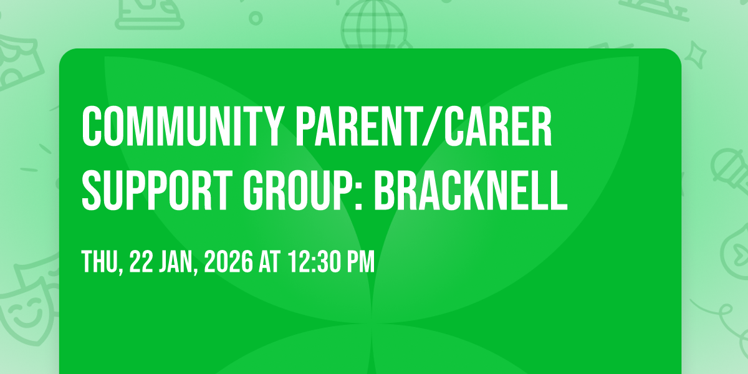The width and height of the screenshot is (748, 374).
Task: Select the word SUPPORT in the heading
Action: (157, 190)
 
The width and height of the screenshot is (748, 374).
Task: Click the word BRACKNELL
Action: (471, 190)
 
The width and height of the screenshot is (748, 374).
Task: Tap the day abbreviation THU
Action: (102, 262)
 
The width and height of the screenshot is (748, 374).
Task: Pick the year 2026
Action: (229, 262)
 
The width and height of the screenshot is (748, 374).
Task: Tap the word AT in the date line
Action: (270, 262)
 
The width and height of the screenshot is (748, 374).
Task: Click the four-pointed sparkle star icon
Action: (696, 55)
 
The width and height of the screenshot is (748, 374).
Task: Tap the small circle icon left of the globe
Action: (256, 18)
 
